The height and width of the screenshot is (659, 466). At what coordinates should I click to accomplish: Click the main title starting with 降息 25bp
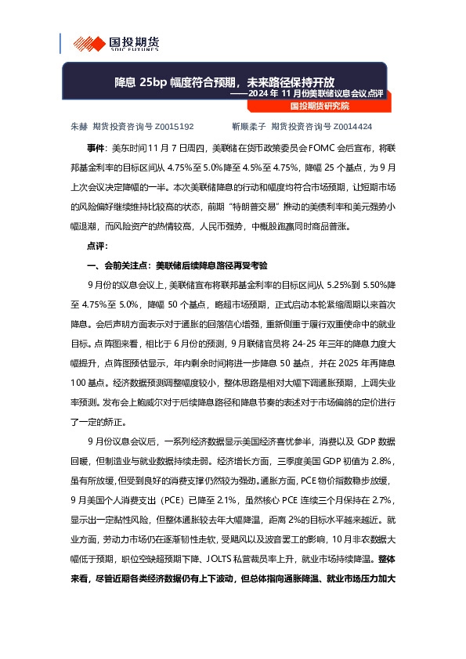224,82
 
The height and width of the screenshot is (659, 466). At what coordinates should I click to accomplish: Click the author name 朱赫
79,125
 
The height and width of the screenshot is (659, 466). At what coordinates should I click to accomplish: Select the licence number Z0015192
175,125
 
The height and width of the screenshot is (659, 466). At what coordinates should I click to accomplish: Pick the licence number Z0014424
352,125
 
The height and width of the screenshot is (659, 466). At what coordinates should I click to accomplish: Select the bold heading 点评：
99,245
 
